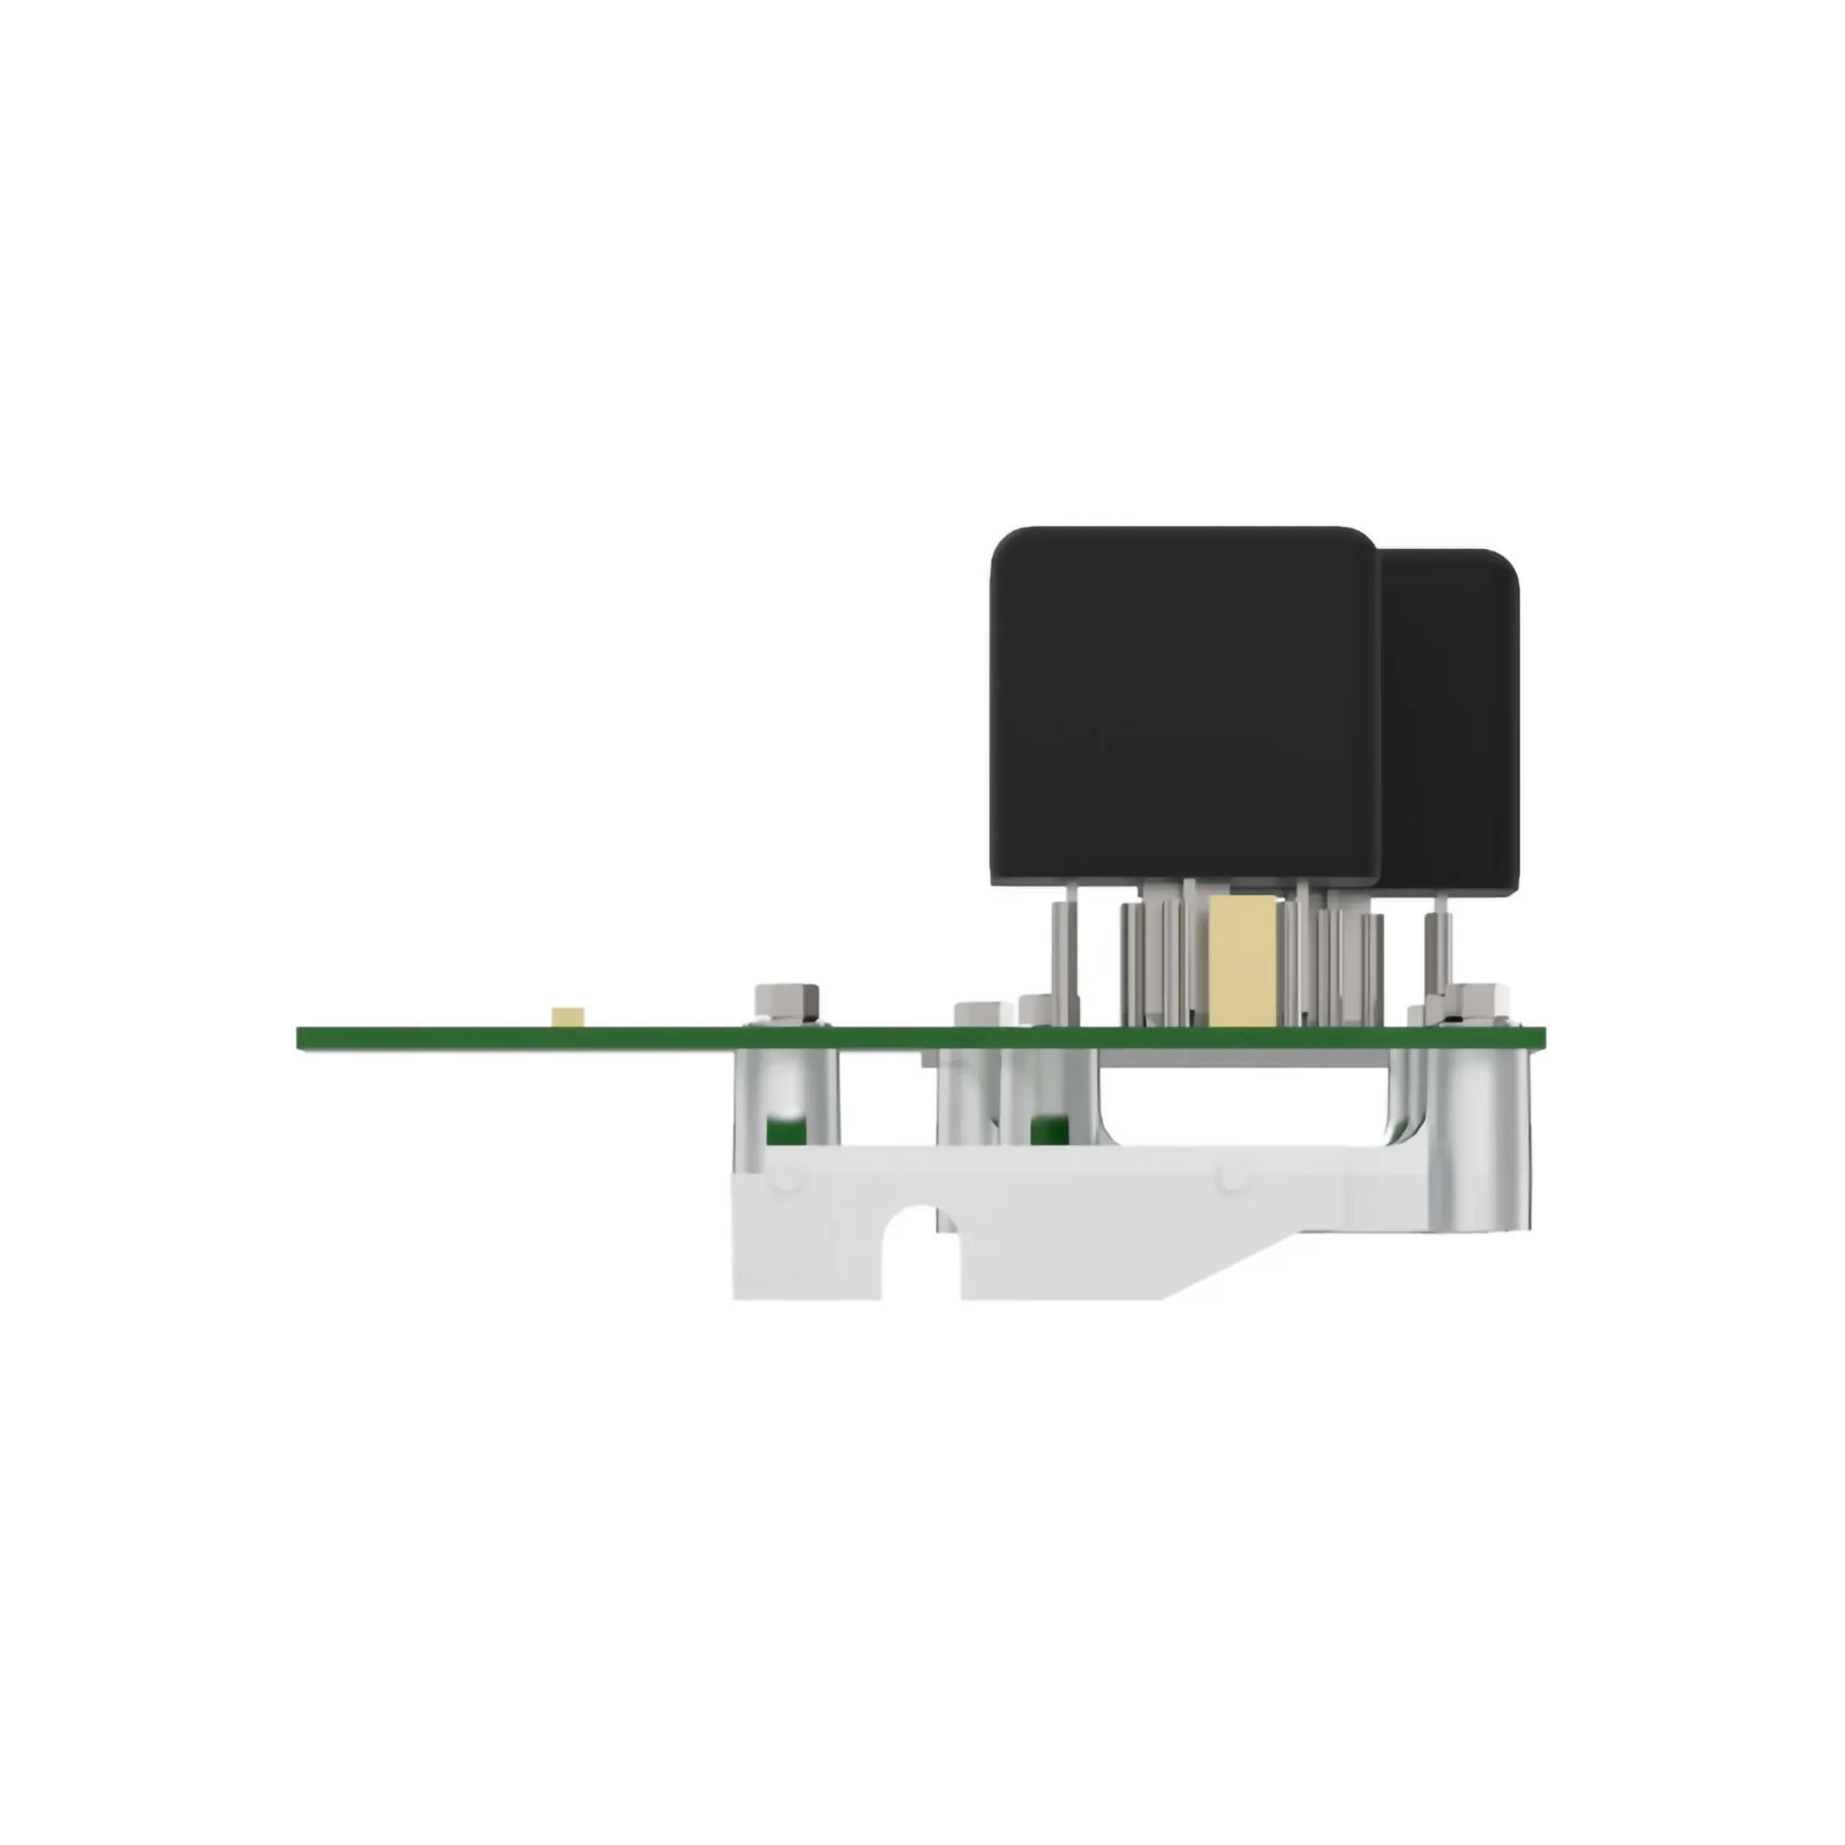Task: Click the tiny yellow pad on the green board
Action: point(568,1016)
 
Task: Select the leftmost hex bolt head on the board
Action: point(788,1002)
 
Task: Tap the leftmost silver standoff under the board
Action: point(788,1098)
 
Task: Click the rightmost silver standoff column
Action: point(1481,1137)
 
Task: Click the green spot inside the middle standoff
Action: point(1051,1129)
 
